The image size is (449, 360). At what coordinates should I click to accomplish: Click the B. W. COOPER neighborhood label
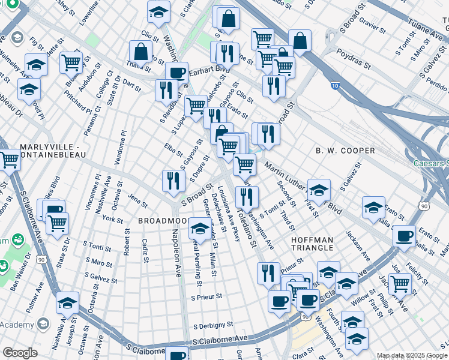click(345, 151)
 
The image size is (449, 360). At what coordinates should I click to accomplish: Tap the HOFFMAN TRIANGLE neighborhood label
click(312, 244)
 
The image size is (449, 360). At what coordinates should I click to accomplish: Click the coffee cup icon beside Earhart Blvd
click(176, 73)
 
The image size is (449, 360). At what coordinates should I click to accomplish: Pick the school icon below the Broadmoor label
click(200, 228)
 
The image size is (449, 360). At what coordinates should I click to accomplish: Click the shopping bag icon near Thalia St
click(140, 52)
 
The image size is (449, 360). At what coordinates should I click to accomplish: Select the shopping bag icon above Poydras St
click(300, 41)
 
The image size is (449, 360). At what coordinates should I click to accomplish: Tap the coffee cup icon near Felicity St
click(405, 235)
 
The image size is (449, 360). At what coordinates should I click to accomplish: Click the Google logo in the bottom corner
click(20, 352)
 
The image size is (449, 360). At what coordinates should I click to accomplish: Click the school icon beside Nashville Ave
click(68, 304)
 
